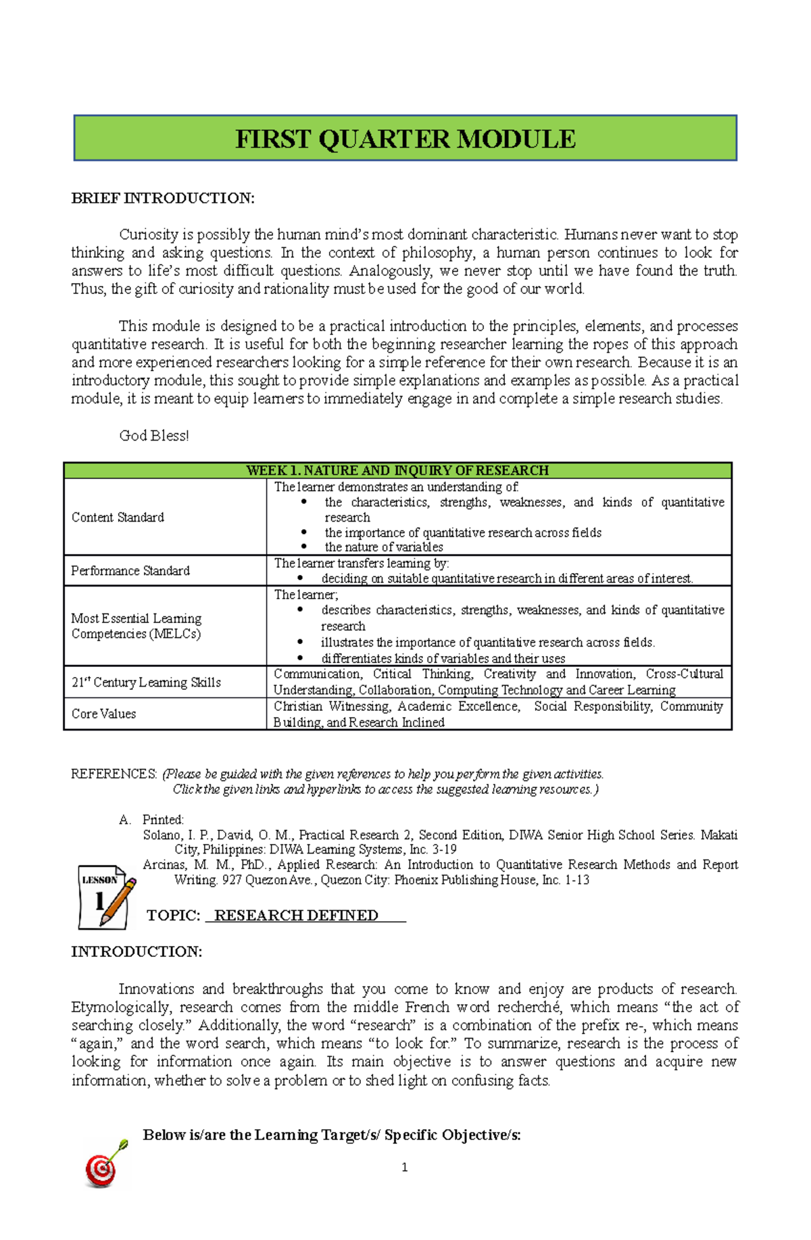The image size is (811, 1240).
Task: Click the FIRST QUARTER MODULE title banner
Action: (x=405, y=139)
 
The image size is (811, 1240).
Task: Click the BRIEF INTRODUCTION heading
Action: (x=163, y=198)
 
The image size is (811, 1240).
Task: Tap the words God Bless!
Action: (x=154, y=436)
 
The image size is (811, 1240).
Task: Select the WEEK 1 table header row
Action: (x=397, y=470)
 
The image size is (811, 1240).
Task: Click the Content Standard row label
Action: (x=118, y=518)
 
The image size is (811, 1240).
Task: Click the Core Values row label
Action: (x=103, y=714)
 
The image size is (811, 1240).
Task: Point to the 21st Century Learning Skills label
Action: (x=146, y=683)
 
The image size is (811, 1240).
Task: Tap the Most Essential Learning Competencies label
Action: (x=137, y=626)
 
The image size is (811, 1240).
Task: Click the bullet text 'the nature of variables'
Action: (x=384, y=547)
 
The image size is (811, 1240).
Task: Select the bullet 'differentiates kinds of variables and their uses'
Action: (x=443, y=659)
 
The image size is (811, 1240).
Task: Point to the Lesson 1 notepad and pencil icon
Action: (x=106, y=897)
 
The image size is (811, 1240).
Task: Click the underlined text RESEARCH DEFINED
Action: (x=296, y=916)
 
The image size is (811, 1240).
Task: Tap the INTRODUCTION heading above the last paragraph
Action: (x=137, y=952)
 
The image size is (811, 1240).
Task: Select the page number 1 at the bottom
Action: (x=404, y=1168)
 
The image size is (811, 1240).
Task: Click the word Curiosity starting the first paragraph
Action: (x=149, y=234)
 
